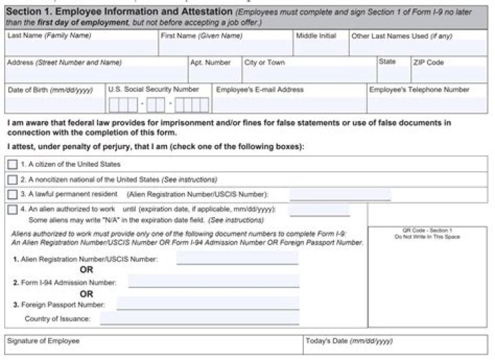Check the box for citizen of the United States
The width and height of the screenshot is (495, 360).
click(12, 165)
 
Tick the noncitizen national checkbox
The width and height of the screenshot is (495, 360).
click(12, 179)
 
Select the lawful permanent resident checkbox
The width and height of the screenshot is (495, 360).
click(12, 194)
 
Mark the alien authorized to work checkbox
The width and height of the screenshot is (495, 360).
click(12, 210)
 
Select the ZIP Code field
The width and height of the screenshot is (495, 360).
click(448, 74)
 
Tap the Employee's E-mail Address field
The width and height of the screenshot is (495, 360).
click(289, 104)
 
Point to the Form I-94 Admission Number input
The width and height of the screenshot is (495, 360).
click(213, 282)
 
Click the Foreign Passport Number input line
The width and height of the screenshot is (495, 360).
click(207, 304)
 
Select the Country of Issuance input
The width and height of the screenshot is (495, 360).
click(199, 318)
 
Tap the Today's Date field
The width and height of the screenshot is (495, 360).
click(396, 348)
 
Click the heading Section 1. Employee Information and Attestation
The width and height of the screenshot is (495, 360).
click(118, 12)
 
